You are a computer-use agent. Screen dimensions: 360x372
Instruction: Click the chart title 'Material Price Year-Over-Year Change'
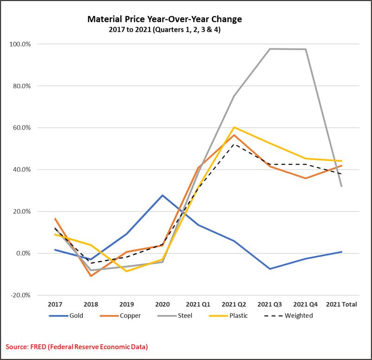(x=164, y=20)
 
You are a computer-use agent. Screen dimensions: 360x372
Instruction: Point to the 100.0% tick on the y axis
(x=21, y=44)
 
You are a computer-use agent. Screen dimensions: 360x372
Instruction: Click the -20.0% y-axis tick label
(x=21, y=295)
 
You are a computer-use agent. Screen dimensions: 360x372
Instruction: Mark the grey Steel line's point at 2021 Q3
(x=270, y=49)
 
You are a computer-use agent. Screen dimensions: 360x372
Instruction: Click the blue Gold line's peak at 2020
(x=162, y=195)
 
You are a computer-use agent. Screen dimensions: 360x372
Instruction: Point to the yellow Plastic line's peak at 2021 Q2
(x=234, y=127)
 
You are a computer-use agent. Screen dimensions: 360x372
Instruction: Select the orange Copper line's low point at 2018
(x=91, y=276)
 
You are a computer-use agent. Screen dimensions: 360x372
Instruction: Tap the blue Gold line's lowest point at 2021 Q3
(x=270, y=269)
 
